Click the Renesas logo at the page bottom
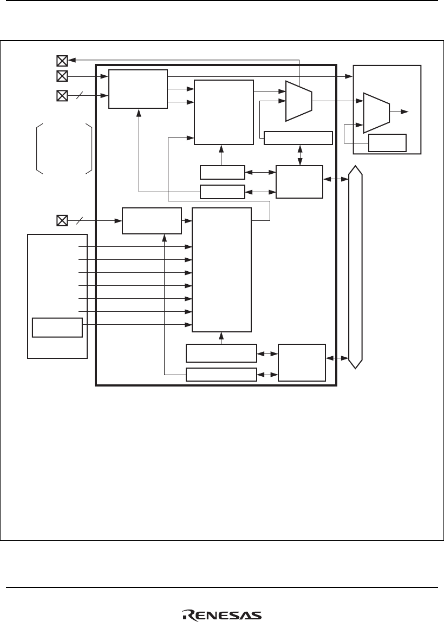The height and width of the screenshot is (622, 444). pos(221,615)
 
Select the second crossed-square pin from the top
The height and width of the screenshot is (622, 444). pos(62,76)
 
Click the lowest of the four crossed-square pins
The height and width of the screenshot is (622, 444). pos(62,220)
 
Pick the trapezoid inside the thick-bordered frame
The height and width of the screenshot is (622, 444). pos(298,101)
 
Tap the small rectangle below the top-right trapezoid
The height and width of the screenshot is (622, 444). pos(387,142)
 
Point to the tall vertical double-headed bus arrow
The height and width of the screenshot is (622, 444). pos(356,267)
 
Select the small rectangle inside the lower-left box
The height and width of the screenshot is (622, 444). pos(57,328)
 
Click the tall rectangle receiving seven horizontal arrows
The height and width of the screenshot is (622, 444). pos(221,270)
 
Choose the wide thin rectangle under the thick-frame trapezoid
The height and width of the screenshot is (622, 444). pos(298,138)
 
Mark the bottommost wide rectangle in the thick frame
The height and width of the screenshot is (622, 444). pos(221,374)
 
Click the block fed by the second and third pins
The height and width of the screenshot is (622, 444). pos(138,89)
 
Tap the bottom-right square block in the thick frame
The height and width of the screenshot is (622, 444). pos(302,362)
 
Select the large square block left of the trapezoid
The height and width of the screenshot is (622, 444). pos(224,112)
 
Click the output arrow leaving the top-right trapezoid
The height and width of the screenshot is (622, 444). pos(400,112)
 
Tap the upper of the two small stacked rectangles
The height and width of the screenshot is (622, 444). pos(221,173)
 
